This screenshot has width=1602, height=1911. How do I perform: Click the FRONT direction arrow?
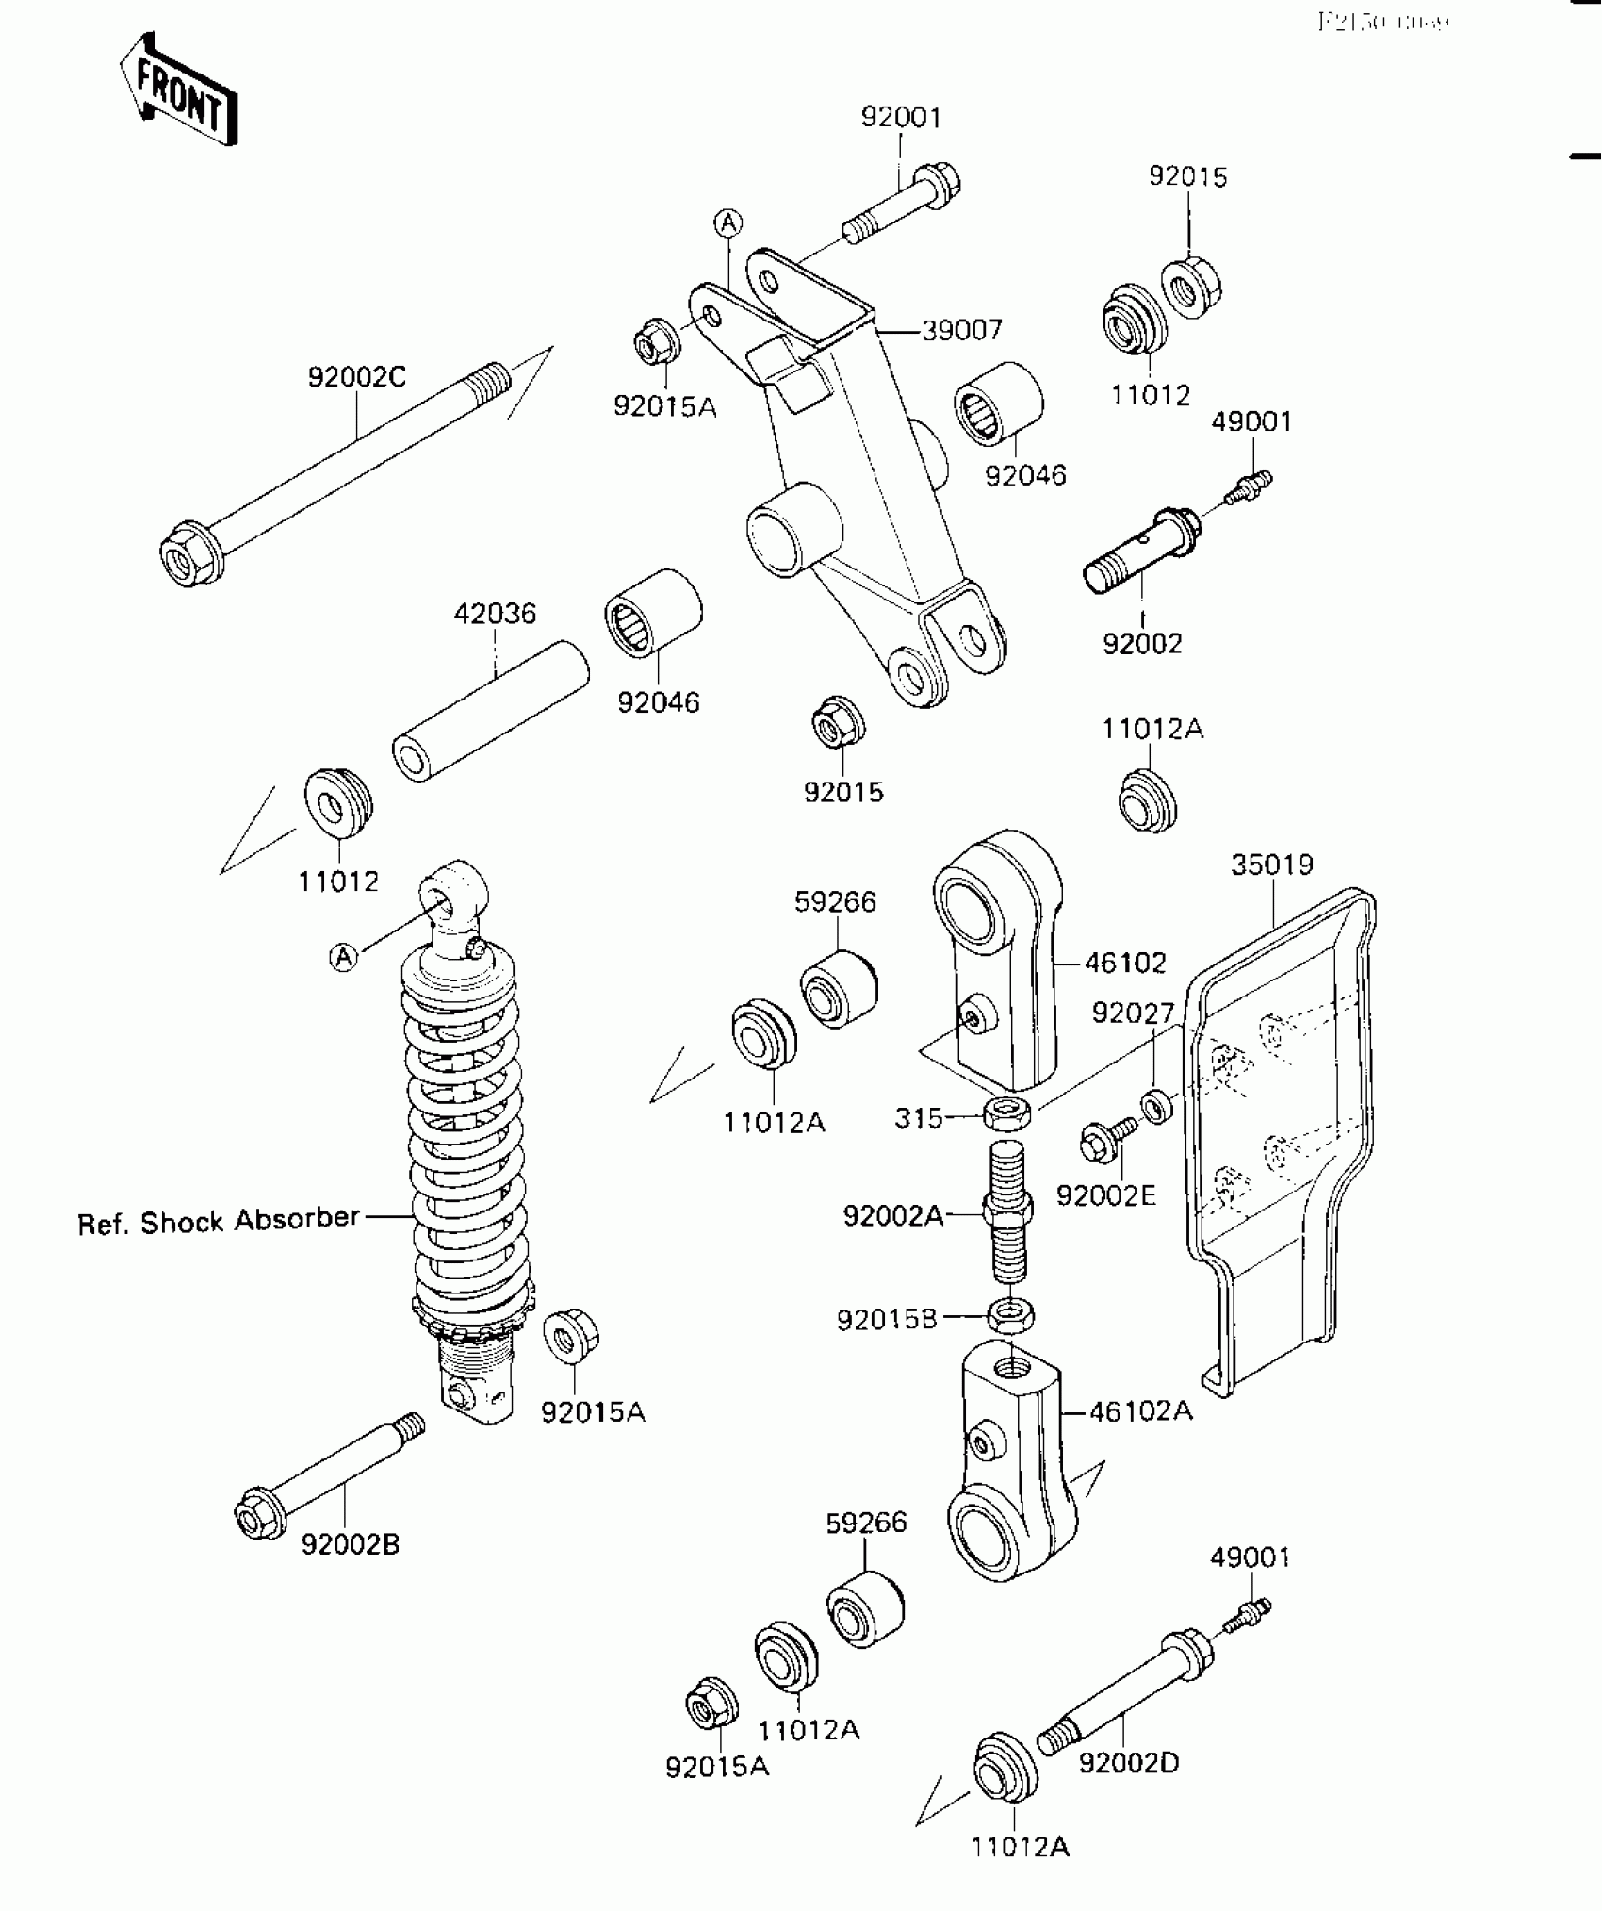point(177,91)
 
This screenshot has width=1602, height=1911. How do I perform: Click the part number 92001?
point(900,118)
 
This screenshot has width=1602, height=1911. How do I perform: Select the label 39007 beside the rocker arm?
point(961,331)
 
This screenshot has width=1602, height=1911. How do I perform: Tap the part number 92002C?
point(356,377)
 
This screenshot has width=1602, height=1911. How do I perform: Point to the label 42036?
point(495,615)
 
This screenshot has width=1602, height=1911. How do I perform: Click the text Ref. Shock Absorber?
point(219,1222)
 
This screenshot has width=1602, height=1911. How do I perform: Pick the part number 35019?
point(1271,865)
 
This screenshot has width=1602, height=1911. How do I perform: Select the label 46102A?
point(1140,1411)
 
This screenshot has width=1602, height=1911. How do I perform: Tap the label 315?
point(919,1118)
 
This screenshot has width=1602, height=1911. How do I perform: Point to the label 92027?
point(1133,1013)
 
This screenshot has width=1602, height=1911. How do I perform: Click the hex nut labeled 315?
point(1006,1114)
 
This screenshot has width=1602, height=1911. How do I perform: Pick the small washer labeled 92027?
point(1157,1105)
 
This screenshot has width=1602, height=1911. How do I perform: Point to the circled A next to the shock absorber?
point(344,957)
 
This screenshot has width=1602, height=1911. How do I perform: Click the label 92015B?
point(887,1320)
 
